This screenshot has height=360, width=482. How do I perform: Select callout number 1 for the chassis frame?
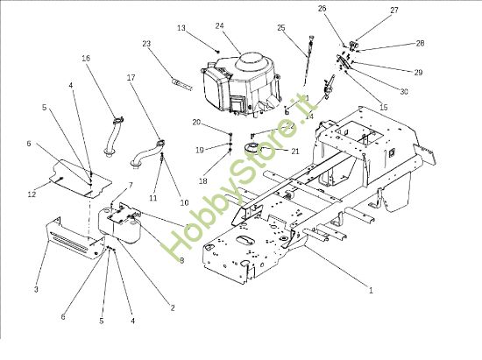pyautogui.click(x=370, y=290)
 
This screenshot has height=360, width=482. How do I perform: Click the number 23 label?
pyautogui.click(x=146, y=44)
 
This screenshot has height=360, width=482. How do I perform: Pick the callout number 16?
pyautogui.click(x=86, y=58)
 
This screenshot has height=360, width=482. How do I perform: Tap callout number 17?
pyautogui.click(x=131, y=77)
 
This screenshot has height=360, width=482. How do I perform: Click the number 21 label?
pyautogui.click(x=294, y=151)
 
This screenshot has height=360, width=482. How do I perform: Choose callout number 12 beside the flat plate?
pyautogui.click(x=32, y=194)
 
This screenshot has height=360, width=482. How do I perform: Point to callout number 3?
pyautogui.click(x=37, y=289)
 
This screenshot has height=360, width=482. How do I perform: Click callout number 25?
pyautogui.click(x=281, y=28)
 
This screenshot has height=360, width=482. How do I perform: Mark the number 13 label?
pyautogui.click(x=181, y=28)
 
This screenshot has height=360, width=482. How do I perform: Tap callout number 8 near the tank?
pyautogui.click(x=181, y=260)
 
